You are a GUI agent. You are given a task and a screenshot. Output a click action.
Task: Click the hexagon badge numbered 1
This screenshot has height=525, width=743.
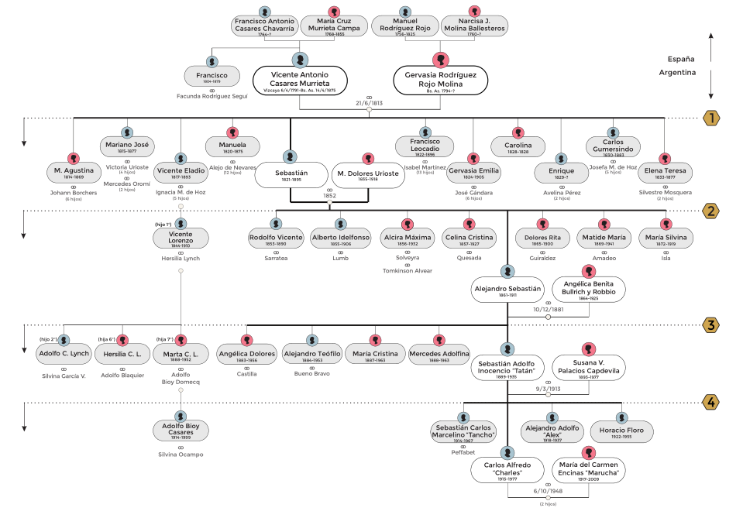click(710, 118)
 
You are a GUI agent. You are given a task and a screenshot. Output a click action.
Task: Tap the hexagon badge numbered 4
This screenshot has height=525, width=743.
click(710, 402)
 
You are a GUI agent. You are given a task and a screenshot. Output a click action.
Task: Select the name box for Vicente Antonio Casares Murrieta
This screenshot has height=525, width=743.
click(299, 80)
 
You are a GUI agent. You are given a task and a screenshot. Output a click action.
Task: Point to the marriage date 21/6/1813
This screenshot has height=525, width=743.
click(370, 102)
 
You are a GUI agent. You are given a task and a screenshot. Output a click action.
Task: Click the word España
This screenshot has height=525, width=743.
click(680, 59)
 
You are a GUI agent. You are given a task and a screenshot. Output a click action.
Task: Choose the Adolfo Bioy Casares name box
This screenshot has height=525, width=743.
click(180, 430)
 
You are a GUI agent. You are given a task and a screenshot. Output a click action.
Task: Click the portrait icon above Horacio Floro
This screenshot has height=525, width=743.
click(622, 417)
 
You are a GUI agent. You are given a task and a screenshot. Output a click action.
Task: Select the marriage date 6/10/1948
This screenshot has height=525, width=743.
click(547, 490)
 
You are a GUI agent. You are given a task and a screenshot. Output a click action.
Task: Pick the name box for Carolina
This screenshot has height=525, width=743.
click(518, 146)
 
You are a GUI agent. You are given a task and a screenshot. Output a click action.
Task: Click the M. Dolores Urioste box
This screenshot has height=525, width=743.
click(368, 175)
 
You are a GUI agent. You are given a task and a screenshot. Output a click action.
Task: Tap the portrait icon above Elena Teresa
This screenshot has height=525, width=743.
click(665, 158)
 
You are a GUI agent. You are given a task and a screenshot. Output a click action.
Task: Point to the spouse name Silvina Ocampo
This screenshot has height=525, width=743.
click(180, 455)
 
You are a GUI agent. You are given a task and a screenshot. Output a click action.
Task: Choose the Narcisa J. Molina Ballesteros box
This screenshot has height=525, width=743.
click(475, 25)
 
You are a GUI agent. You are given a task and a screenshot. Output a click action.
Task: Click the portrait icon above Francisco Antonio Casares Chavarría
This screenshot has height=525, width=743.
click(265, 11)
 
